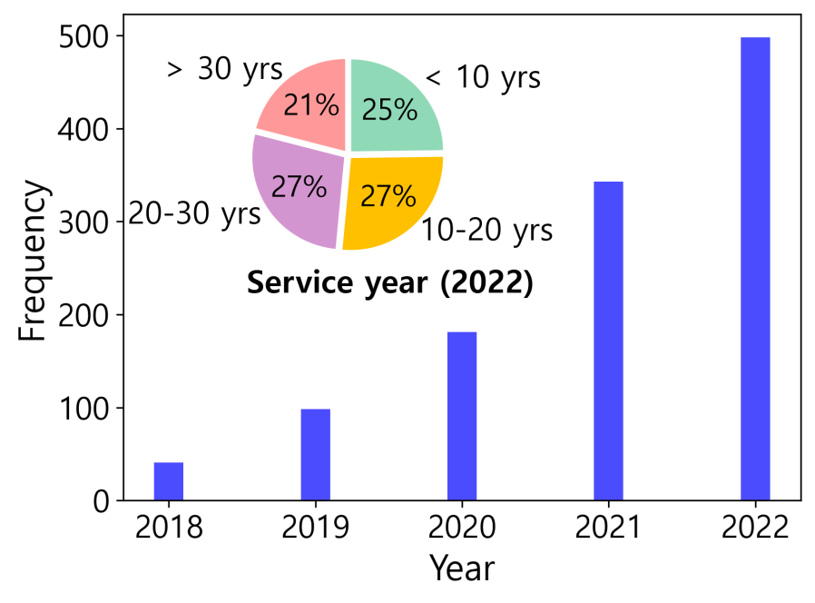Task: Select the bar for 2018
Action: click(x=169, y=481)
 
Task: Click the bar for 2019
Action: click(x=316, y=454)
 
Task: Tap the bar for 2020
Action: click(x=462, y=416)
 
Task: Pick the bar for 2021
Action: click(x=608, y=341)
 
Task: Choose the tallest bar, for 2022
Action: click(x=755, y=268)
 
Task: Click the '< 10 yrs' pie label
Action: click(x=483, y=78)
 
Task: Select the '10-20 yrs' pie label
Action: click(x=486, y=231)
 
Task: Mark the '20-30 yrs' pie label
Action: click(x=194, y=214)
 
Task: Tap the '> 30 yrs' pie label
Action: click(x=225, y=70)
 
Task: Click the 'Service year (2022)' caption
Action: click(x=389, y=283)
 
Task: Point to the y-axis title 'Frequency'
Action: click(x=33, y=261)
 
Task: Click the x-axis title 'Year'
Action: click(x=462, y=568)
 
